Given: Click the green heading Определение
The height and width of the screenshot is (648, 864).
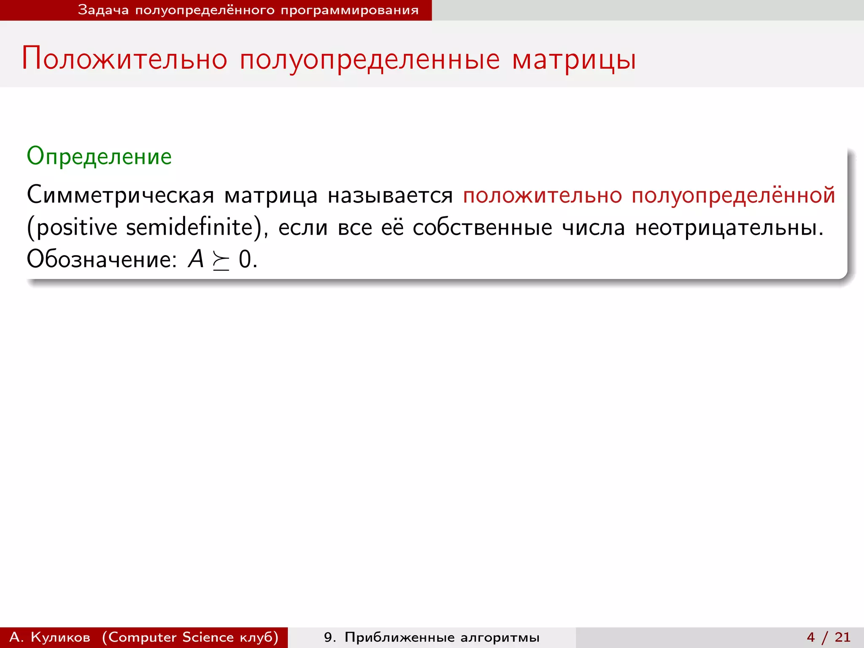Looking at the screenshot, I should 99,157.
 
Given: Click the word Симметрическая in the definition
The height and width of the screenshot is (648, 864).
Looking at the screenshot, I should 120,195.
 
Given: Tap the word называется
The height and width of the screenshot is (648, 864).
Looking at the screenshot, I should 390,195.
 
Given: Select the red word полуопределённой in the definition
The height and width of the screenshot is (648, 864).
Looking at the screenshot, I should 733,195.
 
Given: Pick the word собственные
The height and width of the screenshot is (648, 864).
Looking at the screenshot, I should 482,227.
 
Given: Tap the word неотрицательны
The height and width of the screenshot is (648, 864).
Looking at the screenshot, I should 729,227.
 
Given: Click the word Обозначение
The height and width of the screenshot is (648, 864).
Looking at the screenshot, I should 102,259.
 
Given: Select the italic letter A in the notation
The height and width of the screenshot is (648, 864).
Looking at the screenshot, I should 196,259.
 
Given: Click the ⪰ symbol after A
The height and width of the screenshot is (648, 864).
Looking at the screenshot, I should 221,261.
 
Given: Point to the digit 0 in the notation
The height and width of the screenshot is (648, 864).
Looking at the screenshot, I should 245,259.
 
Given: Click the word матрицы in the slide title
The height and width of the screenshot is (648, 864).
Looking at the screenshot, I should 574,59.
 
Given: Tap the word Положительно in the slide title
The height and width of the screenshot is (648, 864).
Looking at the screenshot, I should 124,59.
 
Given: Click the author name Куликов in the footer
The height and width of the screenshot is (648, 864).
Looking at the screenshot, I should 60,637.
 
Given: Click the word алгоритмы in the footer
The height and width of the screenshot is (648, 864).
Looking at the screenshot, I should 500,637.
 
